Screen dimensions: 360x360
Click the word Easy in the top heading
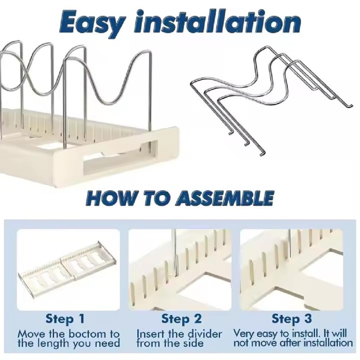coord(92,22)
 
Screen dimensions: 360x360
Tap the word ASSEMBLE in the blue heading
coord(224,198)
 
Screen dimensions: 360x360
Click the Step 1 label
coord(65,319)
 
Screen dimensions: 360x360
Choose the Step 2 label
coord(181,319)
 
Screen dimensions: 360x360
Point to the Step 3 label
coord(292,319)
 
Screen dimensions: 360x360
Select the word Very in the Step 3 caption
coord(244,334)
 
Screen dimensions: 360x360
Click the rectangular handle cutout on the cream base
coord(121,165)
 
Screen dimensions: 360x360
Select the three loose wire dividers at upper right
coord(271,101)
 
